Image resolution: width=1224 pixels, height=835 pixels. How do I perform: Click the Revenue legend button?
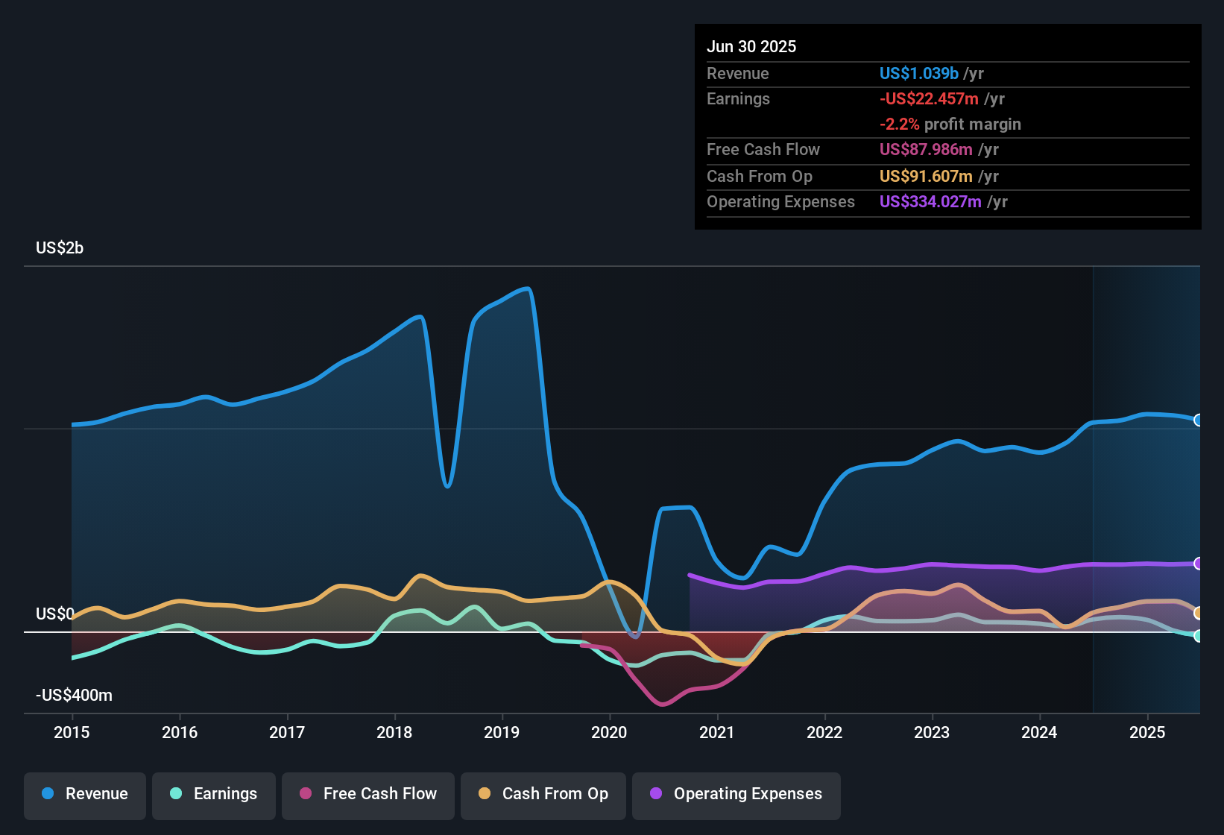(85, 794)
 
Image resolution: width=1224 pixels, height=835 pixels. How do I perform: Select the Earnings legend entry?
(214, 794)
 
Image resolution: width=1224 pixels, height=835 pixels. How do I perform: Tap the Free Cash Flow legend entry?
(368, 794)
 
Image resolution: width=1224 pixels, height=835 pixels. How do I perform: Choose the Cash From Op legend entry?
(543, 794)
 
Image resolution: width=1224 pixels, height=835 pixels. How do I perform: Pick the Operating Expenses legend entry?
(736, 794)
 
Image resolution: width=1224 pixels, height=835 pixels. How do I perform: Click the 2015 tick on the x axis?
(72, 732)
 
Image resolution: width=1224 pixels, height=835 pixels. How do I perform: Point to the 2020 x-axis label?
(609, 732)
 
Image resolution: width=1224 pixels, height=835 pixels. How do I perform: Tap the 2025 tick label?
(1146, 732)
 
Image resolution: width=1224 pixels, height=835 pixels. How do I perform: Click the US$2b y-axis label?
(60, 248)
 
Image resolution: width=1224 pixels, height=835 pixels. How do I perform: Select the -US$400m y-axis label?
(74, 696)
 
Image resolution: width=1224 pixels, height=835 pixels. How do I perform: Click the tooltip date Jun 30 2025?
(751, 47)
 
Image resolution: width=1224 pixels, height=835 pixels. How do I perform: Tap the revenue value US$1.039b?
(918, 74)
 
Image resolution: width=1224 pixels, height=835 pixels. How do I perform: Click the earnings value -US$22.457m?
(929, 99)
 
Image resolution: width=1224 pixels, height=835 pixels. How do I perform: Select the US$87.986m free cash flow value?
(926, 150)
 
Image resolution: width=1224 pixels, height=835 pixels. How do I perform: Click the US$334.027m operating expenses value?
(930, 202)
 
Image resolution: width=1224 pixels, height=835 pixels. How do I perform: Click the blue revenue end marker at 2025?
(1198, 420)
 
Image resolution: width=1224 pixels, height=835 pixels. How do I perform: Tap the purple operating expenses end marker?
(1198, 564)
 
